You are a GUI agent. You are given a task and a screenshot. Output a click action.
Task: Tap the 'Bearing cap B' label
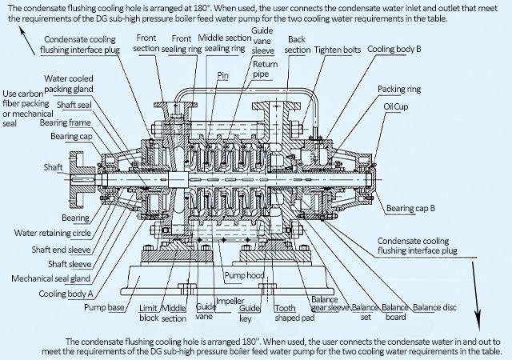click(410, 209)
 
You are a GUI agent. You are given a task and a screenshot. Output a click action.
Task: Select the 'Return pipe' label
click(264, 69)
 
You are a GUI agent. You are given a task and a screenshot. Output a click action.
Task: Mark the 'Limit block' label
click(147, 312)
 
